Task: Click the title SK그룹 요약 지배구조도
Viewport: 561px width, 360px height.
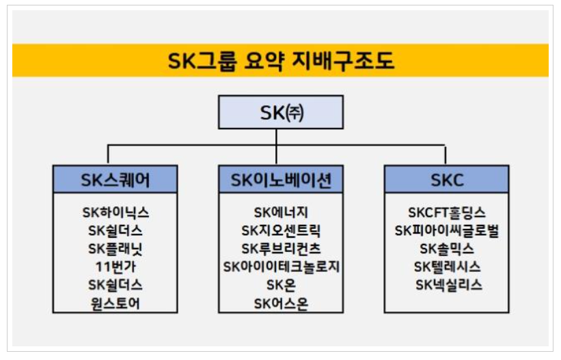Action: pos(280,61)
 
